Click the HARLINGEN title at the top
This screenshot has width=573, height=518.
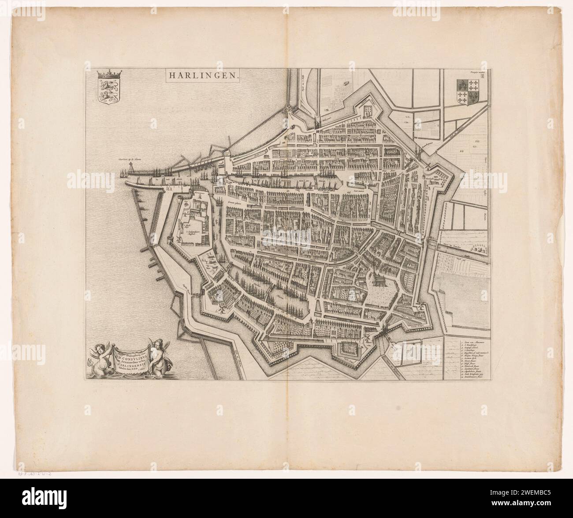coord(203,76)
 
